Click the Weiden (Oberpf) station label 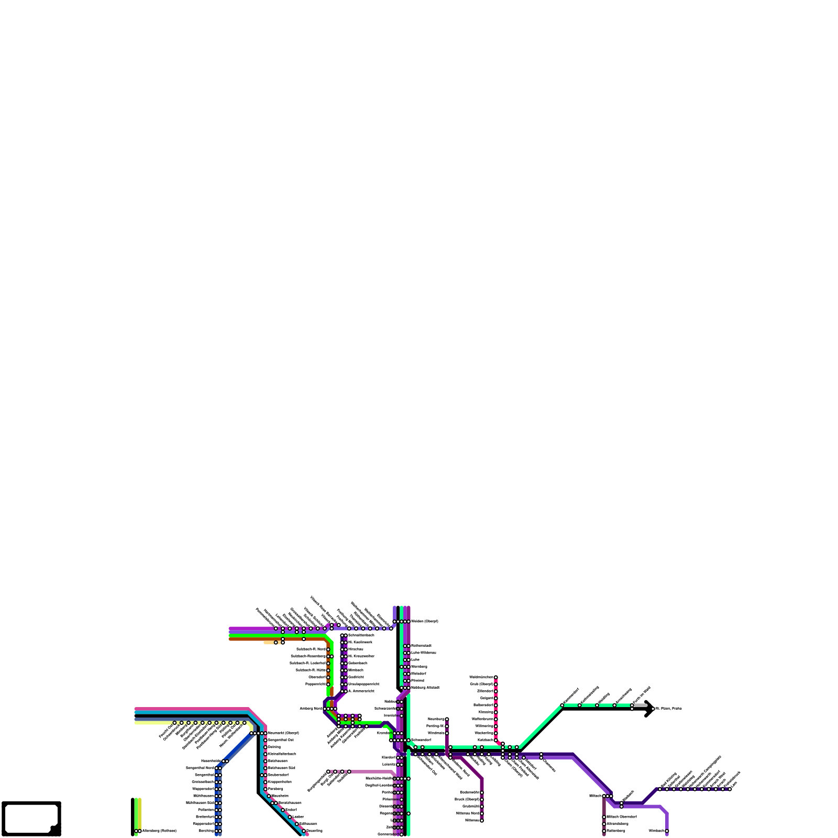click(x=424, y=621)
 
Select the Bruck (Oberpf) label click(x=466, y=799)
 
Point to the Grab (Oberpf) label click(x=481, y=684)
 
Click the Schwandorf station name click(x=421, y=740)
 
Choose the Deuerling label click(x=314, y=831)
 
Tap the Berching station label click(x=206, y=831)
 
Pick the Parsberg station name click(x=275, y=788)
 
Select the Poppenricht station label click(x=315, y=684)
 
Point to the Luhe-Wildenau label click(x=423, y=653)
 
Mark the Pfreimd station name click(x=417, y=680)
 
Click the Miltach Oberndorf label click(x=621, y=817)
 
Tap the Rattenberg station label click(x=615, y=831)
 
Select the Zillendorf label click(x=485, y=691)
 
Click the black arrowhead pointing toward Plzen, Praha click(x=649, y=709)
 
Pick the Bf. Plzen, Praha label click(x=668, y=709)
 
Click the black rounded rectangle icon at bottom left click(x=31, y=819)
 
